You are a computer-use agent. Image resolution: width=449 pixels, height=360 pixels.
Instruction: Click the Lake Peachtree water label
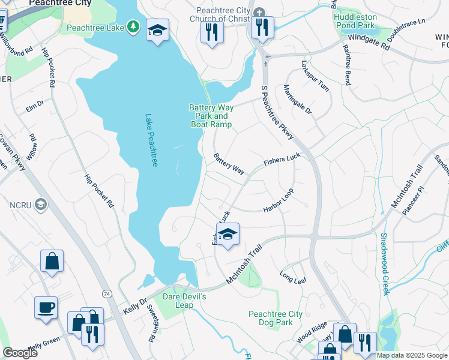150,140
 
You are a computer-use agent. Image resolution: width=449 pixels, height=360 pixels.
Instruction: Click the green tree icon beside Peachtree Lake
134,28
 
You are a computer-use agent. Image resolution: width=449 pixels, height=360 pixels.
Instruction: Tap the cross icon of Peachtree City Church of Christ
259,13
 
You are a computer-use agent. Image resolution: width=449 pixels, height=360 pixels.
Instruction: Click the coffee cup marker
46,308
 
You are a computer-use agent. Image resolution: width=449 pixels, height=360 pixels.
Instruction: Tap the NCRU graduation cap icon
41,205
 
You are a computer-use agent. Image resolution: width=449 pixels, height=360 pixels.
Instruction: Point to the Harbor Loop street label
279,201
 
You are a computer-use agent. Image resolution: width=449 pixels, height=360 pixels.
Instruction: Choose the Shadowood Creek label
384,263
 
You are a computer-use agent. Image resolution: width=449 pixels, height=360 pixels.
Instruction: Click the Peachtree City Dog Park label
276,318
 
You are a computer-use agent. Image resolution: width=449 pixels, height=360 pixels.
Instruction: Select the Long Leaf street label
293,277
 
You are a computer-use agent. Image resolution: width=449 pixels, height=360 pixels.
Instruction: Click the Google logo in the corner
20,352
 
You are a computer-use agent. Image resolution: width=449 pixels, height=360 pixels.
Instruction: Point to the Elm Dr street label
35,105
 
